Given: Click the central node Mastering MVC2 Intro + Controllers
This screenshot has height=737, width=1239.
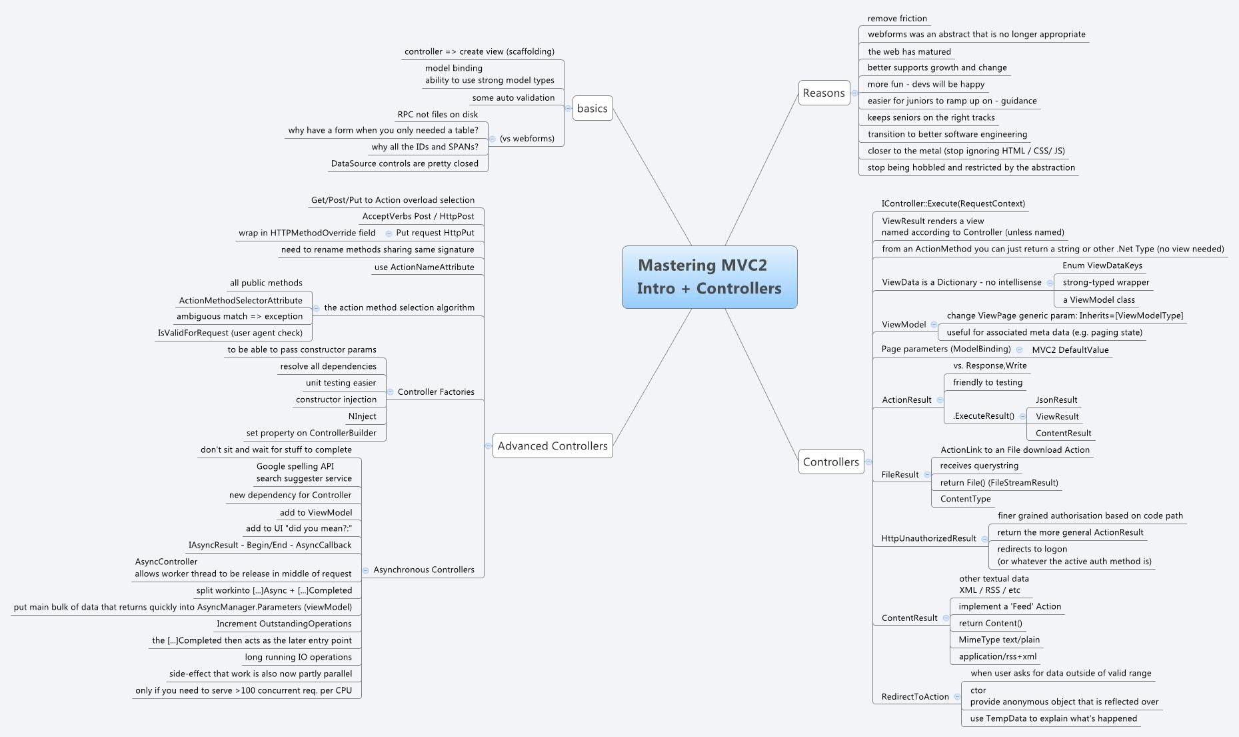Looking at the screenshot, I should coord(709,277).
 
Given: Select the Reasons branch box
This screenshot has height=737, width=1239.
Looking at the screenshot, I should coord(824,93).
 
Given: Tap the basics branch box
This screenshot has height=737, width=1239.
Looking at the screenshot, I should coord(592,109).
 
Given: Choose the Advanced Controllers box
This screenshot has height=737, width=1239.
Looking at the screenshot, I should coord(553,446).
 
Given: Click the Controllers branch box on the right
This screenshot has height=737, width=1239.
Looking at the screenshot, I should coord(830,462).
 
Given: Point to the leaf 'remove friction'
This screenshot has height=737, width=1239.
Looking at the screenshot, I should coord(897,19).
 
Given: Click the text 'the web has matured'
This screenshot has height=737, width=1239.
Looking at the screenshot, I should coord(909,51).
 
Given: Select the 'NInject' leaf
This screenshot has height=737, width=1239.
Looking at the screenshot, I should coord(362,416).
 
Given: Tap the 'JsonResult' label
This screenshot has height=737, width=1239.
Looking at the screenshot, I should coord(1056,400).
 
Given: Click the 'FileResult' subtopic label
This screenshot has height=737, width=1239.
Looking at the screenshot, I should coord(900,475).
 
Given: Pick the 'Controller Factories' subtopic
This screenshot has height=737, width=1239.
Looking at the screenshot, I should coord(436,392).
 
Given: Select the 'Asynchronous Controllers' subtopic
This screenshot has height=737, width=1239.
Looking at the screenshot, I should coord(424,570).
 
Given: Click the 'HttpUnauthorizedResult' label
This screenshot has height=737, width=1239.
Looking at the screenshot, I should coord(928,538).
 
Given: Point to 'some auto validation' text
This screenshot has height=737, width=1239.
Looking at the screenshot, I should coord(513,98).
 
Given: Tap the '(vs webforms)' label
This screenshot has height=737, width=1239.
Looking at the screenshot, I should coord(527,139).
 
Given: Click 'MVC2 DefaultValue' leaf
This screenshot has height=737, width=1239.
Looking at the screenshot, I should coord(1070,350).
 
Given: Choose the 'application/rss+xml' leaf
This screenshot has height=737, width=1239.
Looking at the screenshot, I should coord(998,656).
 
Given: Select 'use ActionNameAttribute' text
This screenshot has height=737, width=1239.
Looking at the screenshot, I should coord(424,267).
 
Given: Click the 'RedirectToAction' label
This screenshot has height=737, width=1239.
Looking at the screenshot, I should coord(915,697).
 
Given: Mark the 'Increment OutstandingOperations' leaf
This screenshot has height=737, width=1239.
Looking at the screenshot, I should coord(284,624).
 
